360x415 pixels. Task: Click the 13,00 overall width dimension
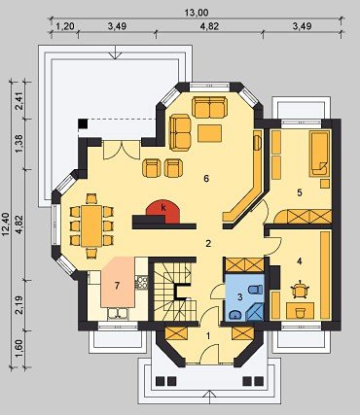click(197, 13)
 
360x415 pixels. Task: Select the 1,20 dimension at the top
click(65, 26)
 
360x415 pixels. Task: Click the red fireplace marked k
click(163, 212)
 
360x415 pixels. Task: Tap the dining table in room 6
click(91, 225)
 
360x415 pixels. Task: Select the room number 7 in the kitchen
click(117, 286)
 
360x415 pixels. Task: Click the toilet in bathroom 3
click(254, 290)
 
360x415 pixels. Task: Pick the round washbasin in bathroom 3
click(234, 314)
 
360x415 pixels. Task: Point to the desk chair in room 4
click(300, 289)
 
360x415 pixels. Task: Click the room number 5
click(300, 192)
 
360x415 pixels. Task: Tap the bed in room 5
click(319, 154)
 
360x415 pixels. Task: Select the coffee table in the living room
click(210, 133)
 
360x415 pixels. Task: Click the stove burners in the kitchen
click(141, 282)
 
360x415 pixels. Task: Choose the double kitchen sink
click(118, 313)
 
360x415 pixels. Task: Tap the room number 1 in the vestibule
click(208, 336)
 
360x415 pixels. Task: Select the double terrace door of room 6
click(122, 150)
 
